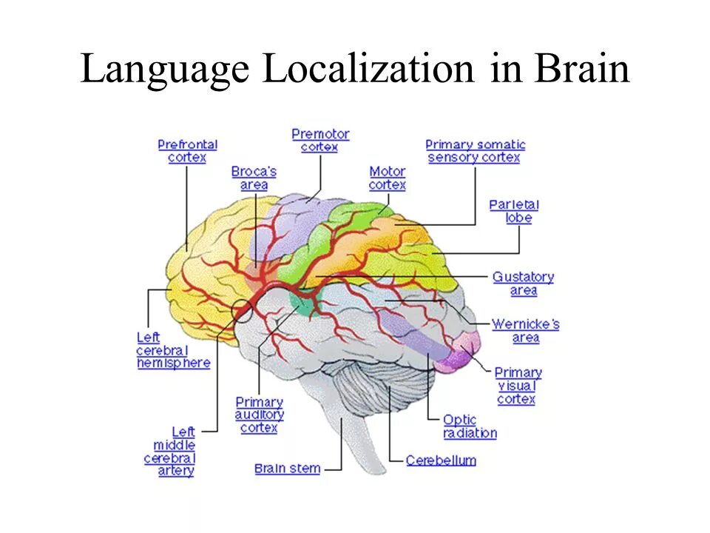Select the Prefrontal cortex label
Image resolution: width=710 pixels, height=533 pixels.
(187, 151)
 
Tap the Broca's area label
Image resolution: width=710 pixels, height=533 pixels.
(254, 178)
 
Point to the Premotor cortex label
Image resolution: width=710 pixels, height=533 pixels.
(320, 141)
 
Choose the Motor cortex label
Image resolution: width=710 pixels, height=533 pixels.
(388, 178)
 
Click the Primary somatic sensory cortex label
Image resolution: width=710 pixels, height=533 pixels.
(475, 151)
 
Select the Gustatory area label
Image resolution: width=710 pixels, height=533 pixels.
(523, 284)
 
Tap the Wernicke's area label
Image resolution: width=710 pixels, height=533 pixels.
(525, 331)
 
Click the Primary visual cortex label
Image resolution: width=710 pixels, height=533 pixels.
(517, 386)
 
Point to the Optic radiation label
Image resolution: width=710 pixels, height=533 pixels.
(470, 426)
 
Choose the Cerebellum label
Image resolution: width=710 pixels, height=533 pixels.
(441, 460)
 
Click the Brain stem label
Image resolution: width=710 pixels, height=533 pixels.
(287, 468)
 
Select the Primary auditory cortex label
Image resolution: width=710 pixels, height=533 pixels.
(259, 415)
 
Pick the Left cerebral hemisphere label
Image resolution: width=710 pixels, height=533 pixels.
(173, 350)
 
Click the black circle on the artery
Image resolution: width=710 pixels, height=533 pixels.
(243, 311)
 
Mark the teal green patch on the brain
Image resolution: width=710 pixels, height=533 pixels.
(305, 302)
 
